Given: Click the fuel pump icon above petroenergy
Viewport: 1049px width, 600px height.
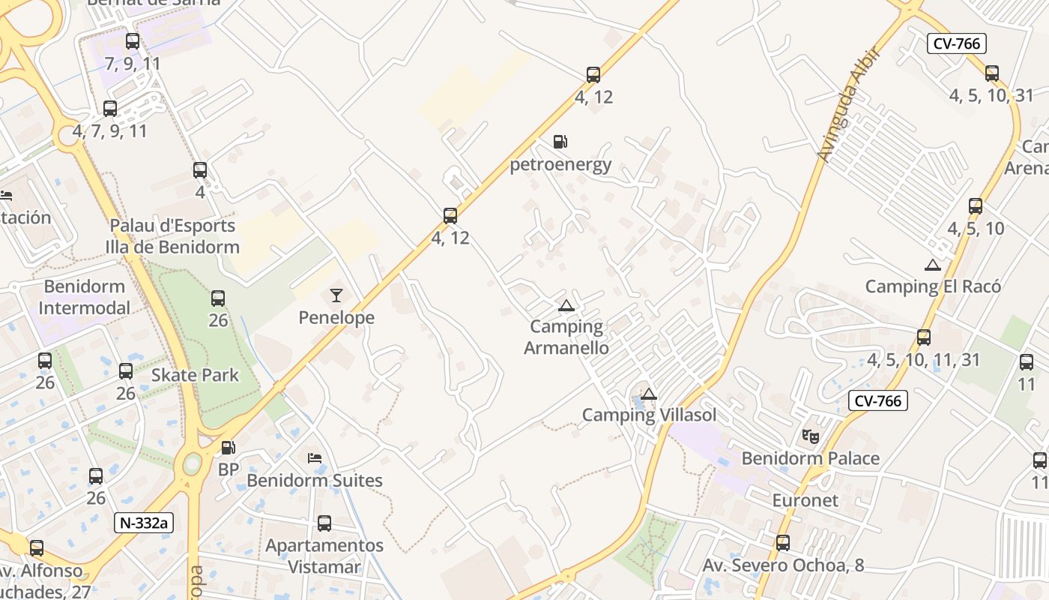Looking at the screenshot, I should pos(560,141).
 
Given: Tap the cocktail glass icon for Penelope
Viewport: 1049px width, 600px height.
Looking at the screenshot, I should pos(336,295).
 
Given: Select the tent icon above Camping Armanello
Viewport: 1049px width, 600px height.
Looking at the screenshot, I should pos(566,305).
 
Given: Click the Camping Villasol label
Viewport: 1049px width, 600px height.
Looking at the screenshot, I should pos(649,415).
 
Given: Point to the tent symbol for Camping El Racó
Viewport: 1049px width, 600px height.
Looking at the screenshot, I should pos(932,265).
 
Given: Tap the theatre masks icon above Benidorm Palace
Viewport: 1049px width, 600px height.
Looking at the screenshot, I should pos(810,436).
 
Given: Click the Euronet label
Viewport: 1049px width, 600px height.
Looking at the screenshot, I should pos(805,499).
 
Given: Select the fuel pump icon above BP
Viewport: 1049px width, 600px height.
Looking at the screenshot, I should pos(228,448).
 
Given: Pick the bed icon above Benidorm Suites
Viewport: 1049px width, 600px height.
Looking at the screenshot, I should pos(315,457).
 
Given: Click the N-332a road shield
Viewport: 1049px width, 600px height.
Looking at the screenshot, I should pos(144,523).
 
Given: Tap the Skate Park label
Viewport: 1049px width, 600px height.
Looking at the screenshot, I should pos(195,375).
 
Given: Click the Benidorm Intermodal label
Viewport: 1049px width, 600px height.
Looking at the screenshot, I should pos(84,297).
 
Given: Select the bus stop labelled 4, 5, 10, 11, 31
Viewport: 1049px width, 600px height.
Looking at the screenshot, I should pos(924,337).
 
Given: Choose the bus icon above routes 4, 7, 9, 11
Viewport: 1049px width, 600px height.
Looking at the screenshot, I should pos(110,109).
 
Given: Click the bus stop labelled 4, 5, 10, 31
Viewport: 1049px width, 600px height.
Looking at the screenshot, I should pos(992,73).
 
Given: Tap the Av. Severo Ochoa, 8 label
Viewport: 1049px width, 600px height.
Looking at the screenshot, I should pos(783,565).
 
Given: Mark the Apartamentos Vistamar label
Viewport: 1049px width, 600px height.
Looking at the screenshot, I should pos(324,556).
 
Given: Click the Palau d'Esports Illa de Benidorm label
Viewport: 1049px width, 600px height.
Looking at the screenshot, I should pos(172,236).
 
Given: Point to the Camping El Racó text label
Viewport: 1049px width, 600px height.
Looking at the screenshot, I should pos(933,286).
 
